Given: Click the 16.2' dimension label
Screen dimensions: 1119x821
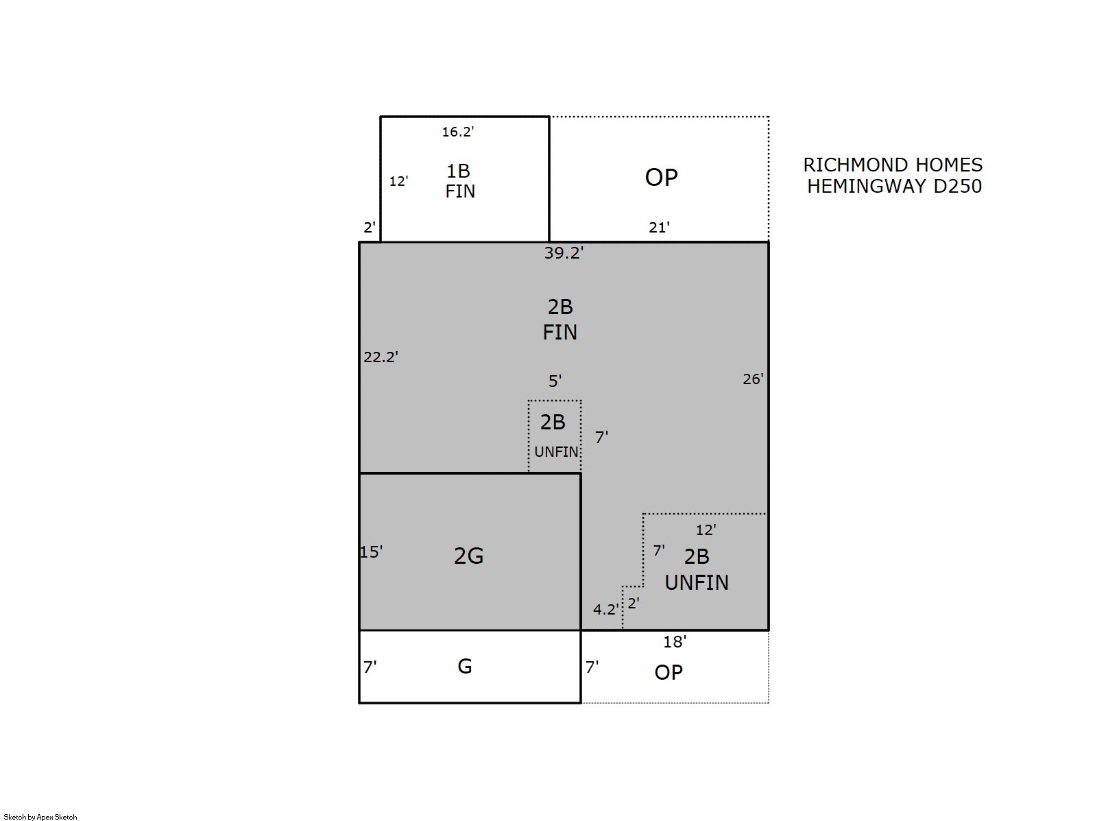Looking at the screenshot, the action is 457,132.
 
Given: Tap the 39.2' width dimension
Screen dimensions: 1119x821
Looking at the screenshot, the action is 564,253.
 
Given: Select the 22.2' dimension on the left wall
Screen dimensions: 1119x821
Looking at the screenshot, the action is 381,357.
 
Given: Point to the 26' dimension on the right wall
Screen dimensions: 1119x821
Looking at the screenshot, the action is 753,379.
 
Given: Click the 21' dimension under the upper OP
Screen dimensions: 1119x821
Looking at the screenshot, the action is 659,227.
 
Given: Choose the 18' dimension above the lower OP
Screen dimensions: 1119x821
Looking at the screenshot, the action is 675,641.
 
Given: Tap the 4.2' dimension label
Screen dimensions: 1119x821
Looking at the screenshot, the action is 605,609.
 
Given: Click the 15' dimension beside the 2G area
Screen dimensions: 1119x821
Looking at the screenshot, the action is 371,551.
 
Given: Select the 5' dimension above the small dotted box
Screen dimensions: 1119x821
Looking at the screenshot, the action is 555,381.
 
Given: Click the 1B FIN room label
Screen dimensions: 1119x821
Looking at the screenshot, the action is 459,181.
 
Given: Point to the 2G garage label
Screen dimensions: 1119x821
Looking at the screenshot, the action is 468,556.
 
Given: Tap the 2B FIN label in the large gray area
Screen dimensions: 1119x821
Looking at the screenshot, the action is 560,320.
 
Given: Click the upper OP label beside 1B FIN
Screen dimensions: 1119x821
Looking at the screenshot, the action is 662,178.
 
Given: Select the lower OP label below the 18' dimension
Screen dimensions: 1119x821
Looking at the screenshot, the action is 669,673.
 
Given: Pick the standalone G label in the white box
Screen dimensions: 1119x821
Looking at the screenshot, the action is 465,666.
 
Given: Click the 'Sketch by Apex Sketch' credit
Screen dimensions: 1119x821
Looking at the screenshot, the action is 40,817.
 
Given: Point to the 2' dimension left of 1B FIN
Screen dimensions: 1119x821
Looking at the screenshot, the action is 369,227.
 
